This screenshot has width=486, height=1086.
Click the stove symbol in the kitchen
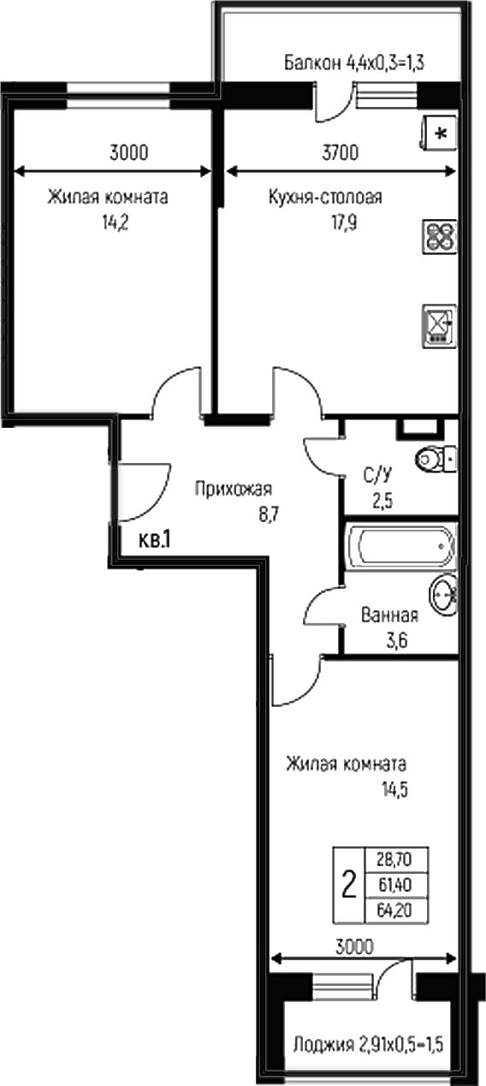[440, 236]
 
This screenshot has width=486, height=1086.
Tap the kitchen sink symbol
[439, 325]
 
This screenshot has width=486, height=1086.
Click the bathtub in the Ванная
[400, 543]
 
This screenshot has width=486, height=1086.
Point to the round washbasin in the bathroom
[443, 593]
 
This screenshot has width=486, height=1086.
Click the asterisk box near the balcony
[440, 133]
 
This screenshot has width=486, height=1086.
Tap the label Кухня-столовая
[324, 198]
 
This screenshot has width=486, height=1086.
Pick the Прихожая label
[233, 490]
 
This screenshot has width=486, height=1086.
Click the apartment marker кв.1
[156, 539]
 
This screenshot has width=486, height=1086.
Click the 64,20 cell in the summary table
[395, 909]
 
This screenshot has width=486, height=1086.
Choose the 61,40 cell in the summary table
[395, 884]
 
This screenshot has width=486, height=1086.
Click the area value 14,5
[394, 789]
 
